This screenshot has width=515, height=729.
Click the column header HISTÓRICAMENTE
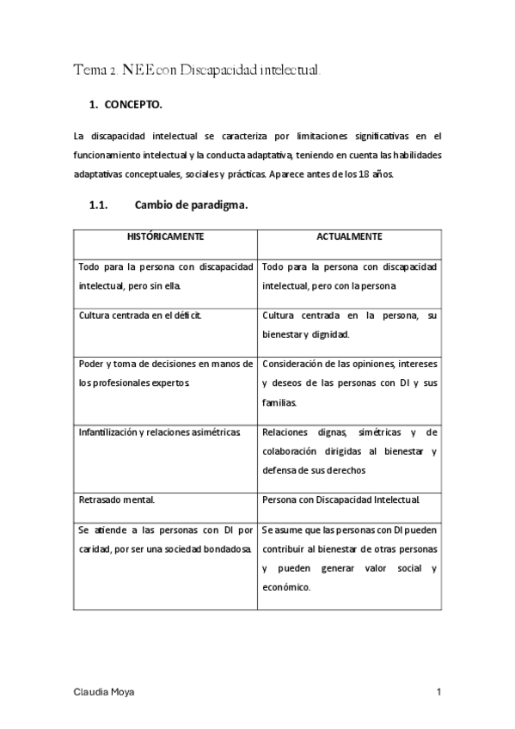[166, 236]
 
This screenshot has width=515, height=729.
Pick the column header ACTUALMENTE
[349, 236]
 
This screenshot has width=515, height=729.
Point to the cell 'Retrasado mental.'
[113, 499]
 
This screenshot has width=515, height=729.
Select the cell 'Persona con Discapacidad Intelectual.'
[340, 499]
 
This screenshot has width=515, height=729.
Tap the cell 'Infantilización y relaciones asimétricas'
[164, 432]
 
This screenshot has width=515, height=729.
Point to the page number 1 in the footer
[438, 692]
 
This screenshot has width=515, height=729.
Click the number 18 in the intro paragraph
[380, 174]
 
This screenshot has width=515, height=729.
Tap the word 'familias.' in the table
[279, 401]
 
